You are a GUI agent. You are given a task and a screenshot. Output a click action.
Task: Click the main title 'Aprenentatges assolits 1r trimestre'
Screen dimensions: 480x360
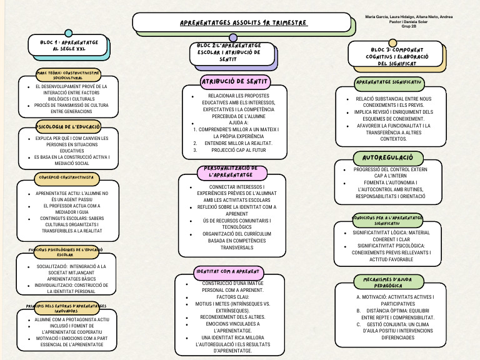pos(244,23)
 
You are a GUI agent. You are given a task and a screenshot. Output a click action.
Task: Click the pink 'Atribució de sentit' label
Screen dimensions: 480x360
pos(234,81)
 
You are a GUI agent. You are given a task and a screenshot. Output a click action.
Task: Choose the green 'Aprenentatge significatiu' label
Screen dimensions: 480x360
pos(389,82)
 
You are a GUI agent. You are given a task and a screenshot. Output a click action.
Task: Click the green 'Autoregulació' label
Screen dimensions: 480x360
pos(388,158)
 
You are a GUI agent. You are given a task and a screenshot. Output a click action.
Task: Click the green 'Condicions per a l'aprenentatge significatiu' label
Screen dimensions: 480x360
pos(387,220)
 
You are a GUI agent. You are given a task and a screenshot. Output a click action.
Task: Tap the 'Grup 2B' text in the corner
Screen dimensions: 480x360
pos(410,27)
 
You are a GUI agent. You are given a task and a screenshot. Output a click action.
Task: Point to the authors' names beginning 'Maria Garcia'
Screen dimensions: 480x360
pos(410,17)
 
